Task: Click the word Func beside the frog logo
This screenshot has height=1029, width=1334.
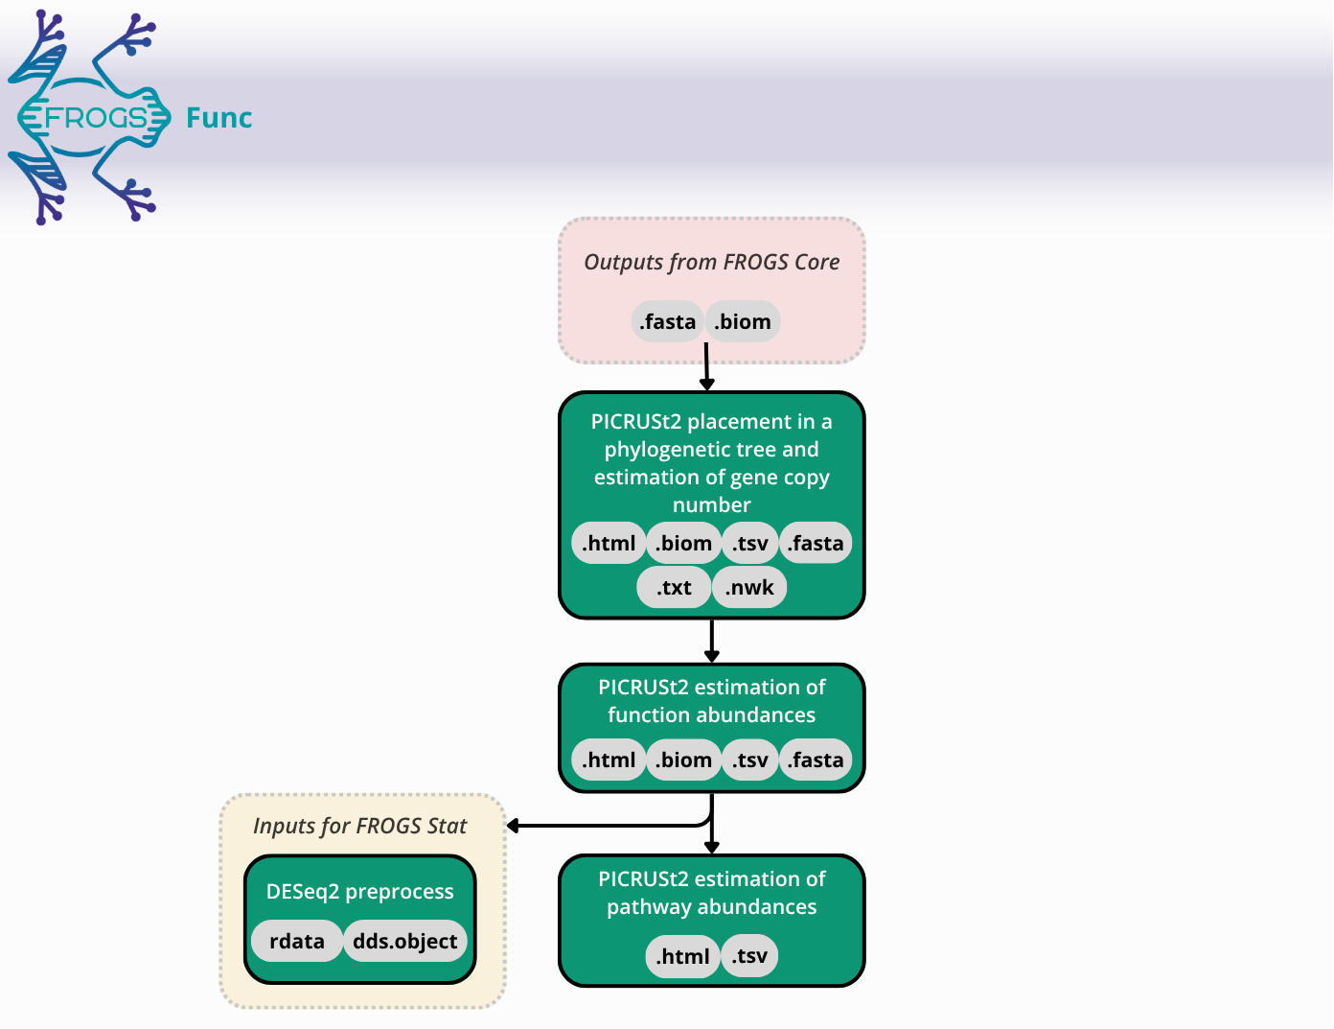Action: click(218, 118)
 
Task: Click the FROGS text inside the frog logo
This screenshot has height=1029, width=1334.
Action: click(96, 118)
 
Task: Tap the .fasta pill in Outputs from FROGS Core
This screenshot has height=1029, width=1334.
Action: click(668, 321)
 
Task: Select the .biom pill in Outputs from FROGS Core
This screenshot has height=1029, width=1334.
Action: click(743, 321)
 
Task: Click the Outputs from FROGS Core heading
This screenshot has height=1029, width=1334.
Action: click(711, 262)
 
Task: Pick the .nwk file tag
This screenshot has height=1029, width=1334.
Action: click(749, 587)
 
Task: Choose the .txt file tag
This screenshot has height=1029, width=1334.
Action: click(674, 587)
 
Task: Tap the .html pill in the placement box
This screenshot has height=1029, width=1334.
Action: click(609, 543)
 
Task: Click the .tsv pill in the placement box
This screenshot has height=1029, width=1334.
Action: click(750, 543)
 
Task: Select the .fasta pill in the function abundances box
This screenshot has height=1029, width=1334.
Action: click(816, 760)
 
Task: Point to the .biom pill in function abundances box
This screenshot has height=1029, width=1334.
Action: click(684, 760)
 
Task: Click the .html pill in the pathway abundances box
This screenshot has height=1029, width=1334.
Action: click(682, 956)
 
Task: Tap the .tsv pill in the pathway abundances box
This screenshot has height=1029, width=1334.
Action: click(749, 956)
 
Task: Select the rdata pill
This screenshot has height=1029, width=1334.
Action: click(296, 941)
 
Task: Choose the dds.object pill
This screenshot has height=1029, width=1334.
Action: click(404, 941)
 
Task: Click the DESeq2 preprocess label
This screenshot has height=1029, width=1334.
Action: click(360, 891)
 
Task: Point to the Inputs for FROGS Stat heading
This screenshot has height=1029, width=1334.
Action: click(360, 826)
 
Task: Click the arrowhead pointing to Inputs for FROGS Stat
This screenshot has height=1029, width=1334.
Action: click(514, 826)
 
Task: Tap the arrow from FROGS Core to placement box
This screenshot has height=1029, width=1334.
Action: click(706, 369)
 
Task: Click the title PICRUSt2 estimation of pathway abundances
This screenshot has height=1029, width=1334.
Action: click(711, 893)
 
